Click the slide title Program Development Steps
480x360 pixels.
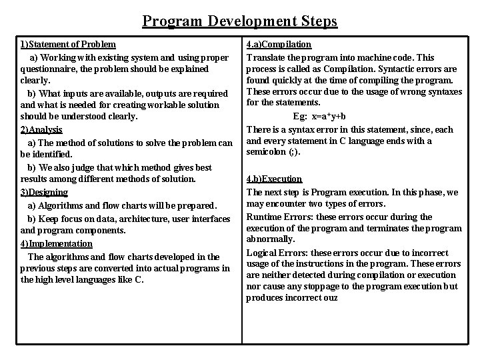click(x=240, y=21)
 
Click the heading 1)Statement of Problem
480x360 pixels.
click(x=68, y=45)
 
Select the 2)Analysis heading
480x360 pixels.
click(x=41, y=129)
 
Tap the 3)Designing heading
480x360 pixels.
click(x=44, y=192)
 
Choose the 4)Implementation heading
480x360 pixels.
click(x=57, y=243)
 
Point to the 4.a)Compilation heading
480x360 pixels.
click(x=279, y=45)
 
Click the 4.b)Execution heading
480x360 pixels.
click(x=274, y=179)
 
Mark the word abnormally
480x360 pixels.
click(x=271, y=239)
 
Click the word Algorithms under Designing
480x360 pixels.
click(x=61, y=205)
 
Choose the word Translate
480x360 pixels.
click(x=266, y=57)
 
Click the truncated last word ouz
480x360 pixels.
click(x=331, y=298)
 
